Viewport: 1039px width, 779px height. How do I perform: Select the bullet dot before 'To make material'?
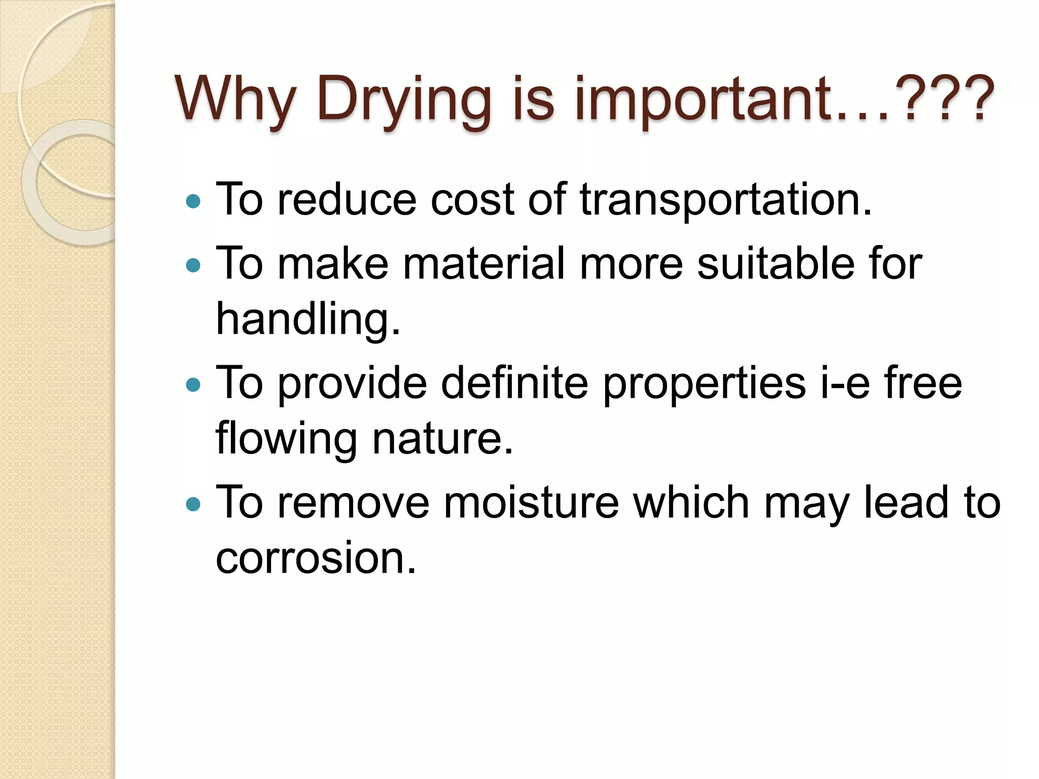click(193, 266)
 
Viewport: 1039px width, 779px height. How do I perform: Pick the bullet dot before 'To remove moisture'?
click(193, 505)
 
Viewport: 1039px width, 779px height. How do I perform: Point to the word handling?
click(307, 320)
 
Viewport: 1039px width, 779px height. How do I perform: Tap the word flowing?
click(286, 439)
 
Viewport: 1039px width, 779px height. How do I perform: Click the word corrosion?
click(315, 558)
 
